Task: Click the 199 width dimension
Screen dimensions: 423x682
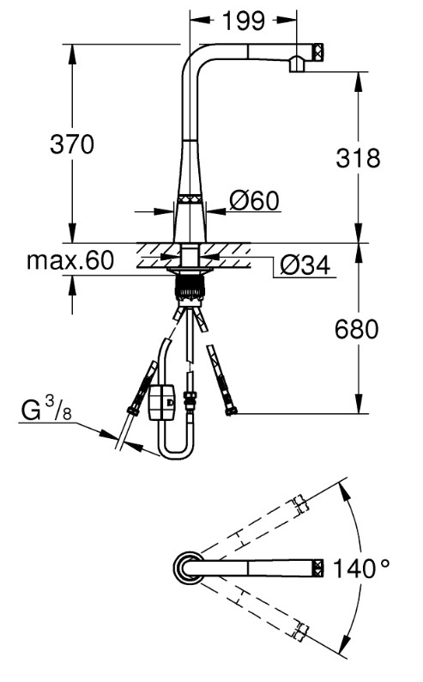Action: [243, 21]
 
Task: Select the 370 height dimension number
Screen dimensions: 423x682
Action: [72, 144]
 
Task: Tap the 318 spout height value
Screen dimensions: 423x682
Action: [358, 157]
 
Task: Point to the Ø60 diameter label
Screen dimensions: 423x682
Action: [255, 200]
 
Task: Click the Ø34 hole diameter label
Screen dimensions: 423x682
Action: [305, 265]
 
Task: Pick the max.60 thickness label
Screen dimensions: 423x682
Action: [70, 260]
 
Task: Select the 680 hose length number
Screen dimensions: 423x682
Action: [357, 329]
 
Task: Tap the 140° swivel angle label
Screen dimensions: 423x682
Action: [361, 568]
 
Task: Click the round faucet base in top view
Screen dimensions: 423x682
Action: [189, 568]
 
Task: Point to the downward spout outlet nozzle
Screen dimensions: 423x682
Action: [297, 64]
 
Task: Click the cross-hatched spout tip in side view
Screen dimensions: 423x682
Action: [318, 52]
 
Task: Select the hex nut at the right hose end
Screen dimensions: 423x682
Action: [231, 411]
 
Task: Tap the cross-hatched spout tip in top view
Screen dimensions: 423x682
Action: [318, 568]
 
